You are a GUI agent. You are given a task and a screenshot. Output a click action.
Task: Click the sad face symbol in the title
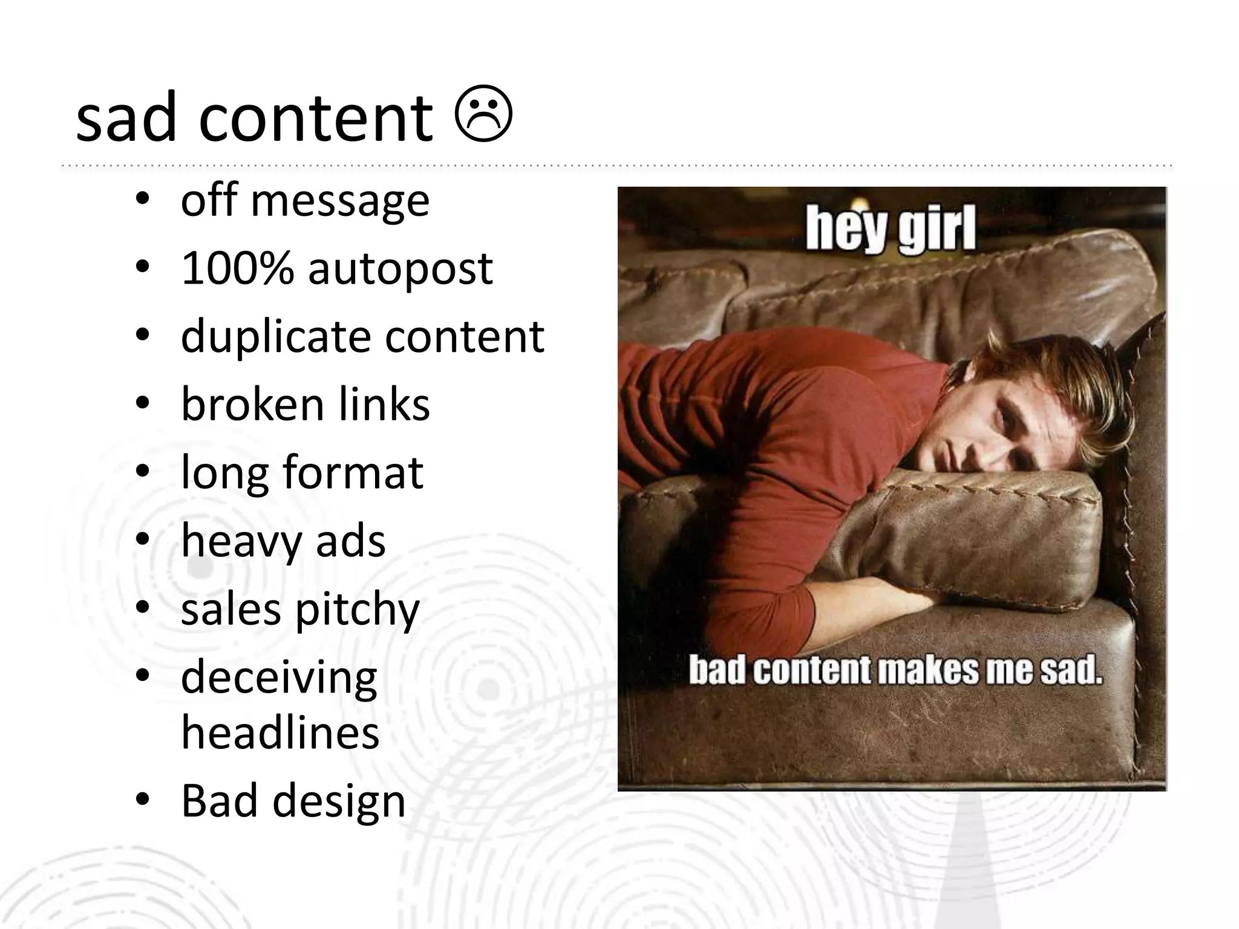click(x=483, y=116)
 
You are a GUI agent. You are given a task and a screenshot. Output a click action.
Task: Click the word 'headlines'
click(x=280, y=732)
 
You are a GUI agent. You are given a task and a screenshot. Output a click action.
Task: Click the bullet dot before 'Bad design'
click(x=142, y=801)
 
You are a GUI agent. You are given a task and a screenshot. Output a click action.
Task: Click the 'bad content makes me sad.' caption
click(x=895, y=670)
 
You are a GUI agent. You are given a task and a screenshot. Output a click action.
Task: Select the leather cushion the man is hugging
click(x=968, y=532)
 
